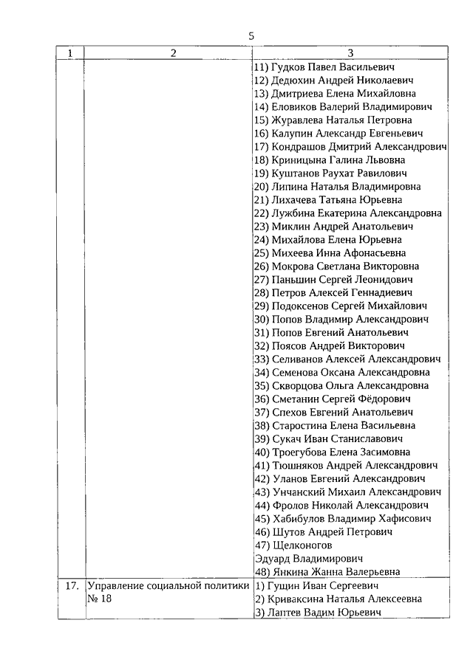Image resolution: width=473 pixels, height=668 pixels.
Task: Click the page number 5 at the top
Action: coord(251,35)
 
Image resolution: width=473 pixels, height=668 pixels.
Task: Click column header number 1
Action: coord(71,53)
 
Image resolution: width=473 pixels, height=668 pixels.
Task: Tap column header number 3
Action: coord(350,53)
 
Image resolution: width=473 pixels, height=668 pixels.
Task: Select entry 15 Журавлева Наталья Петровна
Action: coord(333,120)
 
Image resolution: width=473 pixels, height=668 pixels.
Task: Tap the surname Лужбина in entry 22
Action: coord(293,213)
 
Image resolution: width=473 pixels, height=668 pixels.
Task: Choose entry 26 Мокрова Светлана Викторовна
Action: coord(336,266)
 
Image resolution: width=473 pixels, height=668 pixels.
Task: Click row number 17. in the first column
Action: coord(71,586)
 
